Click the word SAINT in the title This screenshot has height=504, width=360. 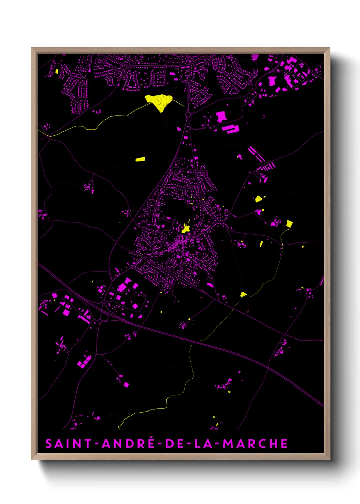tap(68, 444)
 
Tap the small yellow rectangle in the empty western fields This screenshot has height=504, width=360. tap(140, 159)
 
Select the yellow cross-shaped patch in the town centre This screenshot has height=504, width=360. tap(186, 229)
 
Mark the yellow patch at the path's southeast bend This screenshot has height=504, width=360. tap(243, 294)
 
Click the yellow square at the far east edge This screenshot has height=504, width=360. tap(289, 224)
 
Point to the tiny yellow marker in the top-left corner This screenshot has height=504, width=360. tap(57, 72)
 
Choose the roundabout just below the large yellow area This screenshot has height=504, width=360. tap(188, 115)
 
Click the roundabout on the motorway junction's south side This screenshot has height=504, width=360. tap(99, 321)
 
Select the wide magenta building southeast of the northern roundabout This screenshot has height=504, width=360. tap(231, 129)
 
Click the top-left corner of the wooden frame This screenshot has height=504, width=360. tap(32, 48)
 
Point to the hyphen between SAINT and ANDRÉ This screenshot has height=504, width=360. tap(97, 444)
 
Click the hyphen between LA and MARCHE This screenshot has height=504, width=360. tap(218, 444)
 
